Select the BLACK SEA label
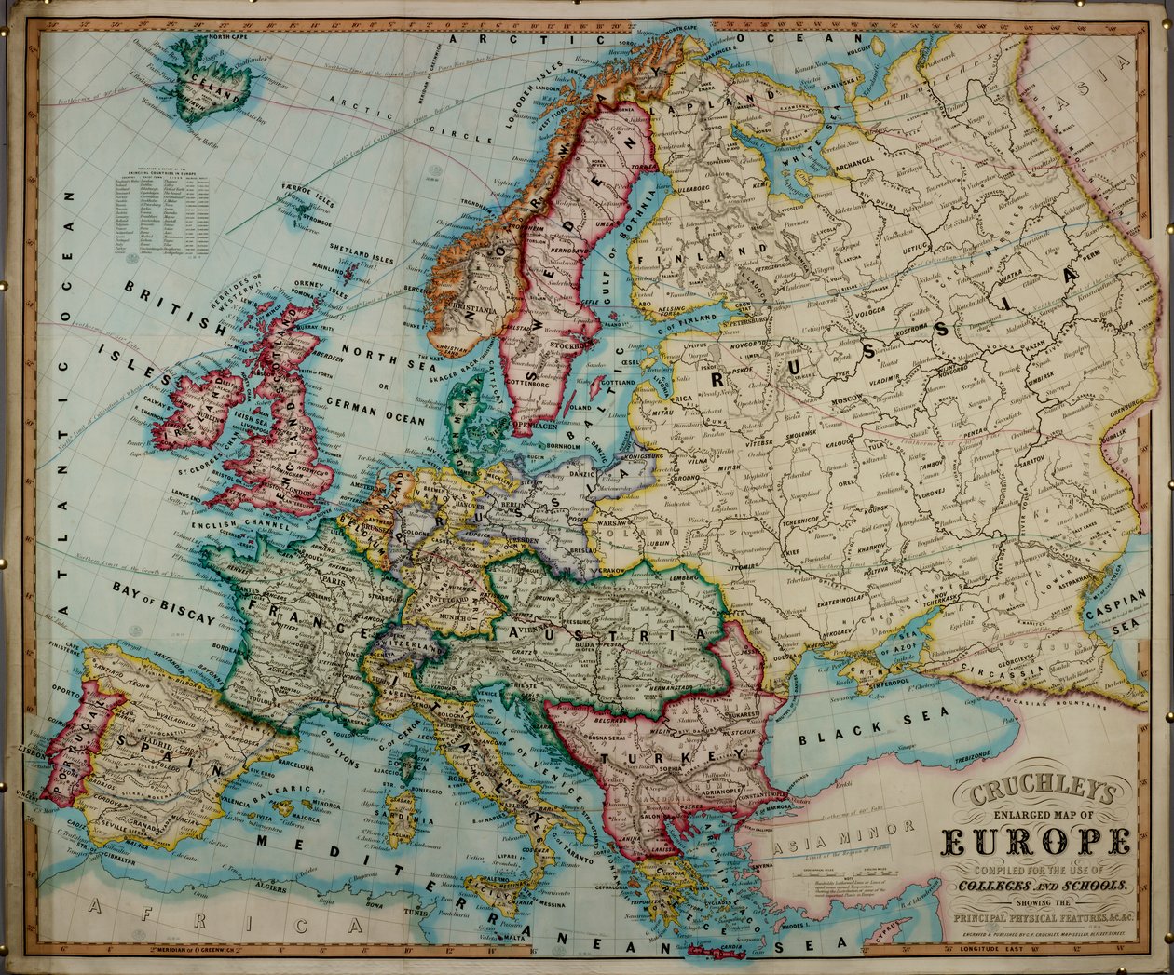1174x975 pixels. [871, 727]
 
